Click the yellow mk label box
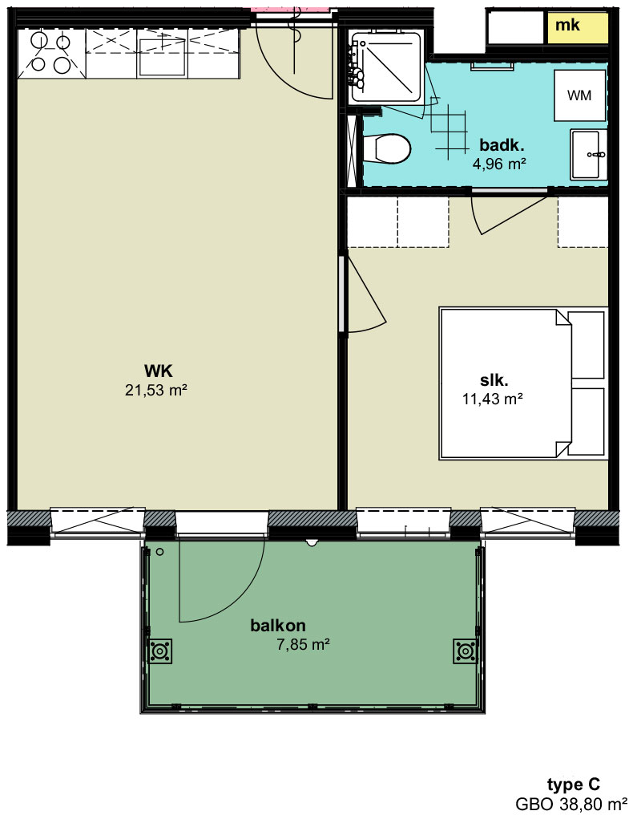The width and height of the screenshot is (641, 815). click(577, 27)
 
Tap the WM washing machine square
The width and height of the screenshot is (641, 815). click(580, 95)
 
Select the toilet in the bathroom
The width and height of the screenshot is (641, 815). click(387, 148)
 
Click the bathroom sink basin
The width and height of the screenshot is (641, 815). click(589, 155)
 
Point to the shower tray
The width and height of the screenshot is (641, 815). click(386, 66)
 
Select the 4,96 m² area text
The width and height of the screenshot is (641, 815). click(499, 164)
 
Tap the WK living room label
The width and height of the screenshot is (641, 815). click(159, 371)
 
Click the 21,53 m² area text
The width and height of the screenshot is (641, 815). click(155, 390)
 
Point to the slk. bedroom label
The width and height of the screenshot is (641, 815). click(494, 380)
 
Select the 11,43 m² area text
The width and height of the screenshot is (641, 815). click(492, 399)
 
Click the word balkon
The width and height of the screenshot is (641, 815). click(278, 625)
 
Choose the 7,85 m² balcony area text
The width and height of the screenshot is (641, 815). click(304, 645)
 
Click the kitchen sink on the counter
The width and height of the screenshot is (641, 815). click(162, 54)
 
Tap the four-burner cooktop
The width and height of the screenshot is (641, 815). click(50, 54)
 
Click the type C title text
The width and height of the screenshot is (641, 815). click(574, 784)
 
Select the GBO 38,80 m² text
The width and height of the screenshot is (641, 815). click(571, 804)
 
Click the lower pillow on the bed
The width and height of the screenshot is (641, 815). click(587, 421)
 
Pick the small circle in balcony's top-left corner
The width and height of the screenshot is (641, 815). click(160, 551)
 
